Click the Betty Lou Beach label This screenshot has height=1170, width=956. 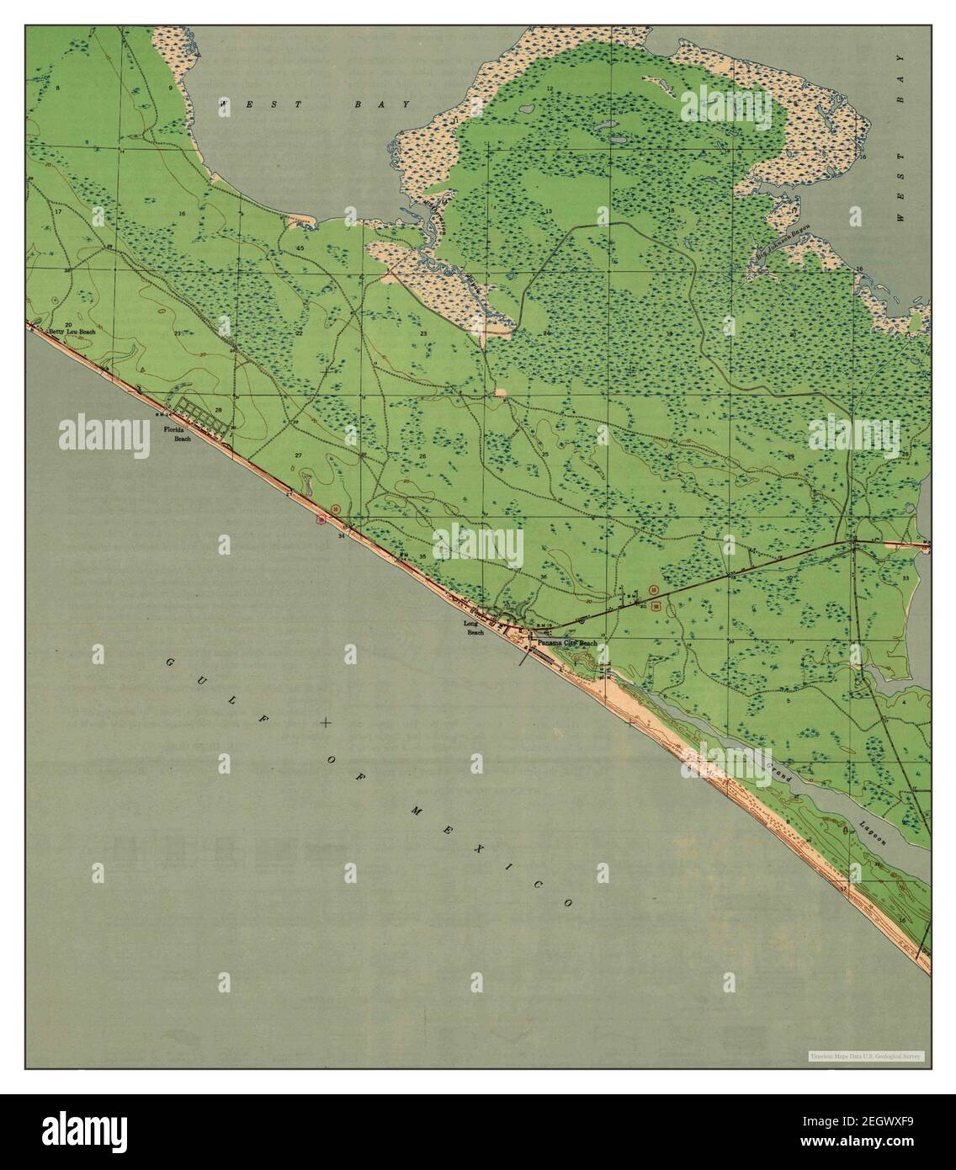[x=72, y=332]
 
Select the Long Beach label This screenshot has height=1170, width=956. [x=474, y=628]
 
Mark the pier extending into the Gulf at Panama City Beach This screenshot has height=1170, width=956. [x=524, y=657]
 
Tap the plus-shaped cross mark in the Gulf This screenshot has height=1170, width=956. [x=327, y=723]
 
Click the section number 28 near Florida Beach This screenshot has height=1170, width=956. [x=218, y=411]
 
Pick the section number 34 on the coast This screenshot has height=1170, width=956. [x=342, y=535]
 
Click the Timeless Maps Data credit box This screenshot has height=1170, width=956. [x=866, y=1056]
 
